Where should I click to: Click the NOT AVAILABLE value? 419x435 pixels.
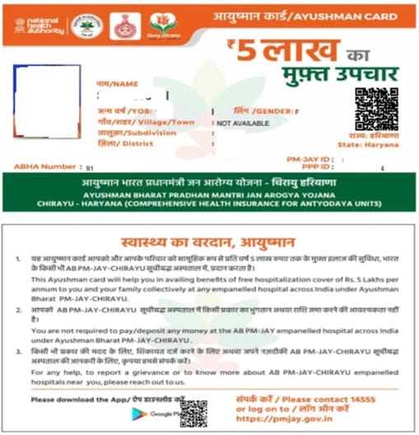pyautogui.click(x=244, y=122)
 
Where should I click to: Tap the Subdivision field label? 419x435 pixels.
pyautogui.click(x=137, y=132)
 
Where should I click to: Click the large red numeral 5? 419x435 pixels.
pyautogui.click(x=245, y=53)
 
